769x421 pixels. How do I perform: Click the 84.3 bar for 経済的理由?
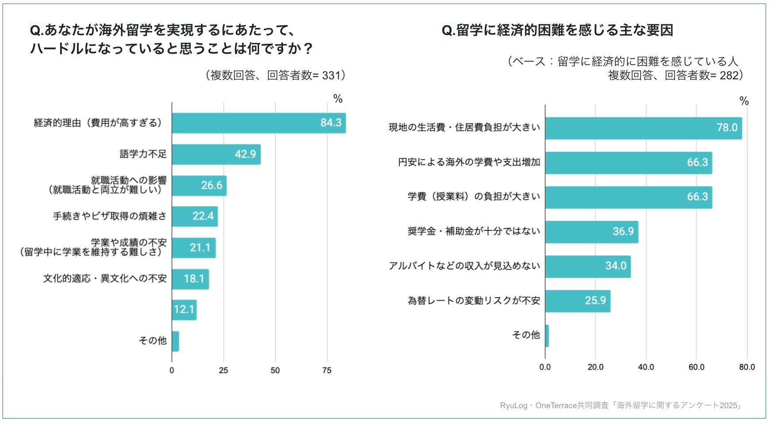(259, 123)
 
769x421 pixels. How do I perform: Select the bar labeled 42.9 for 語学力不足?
(216, 154)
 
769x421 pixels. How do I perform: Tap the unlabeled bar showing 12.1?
(184, 310)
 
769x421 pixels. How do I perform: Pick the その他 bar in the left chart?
(175, 341)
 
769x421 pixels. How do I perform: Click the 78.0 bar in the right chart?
(643, 128)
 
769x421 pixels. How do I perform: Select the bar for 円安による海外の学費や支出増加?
(628, 163)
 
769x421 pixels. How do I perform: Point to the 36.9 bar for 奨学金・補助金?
(591, 232)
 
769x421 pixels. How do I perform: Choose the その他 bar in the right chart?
(547, 335)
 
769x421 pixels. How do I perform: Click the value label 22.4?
(203, 216)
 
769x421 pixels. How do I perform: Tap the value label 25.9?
(595, 301)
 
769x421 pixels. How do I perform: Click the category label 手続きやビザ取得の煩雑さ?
(110, 216)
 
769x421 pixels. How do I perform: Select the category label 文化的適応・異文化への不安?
(105, 279)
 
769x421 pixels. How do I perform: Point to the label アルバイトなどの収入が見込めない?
(464, 266)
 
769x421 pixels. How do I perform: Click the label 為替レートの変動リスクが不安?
(474, 301)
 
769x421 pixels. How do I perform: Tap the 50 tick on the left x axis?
(275, 370)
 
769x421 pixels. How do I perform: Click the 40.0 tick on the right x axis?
(646, 367)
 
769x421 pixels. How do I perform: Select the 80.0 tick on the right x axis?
(747, 367)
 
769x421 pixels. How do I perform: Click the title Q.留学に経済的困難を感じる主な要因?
(557, 30)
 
